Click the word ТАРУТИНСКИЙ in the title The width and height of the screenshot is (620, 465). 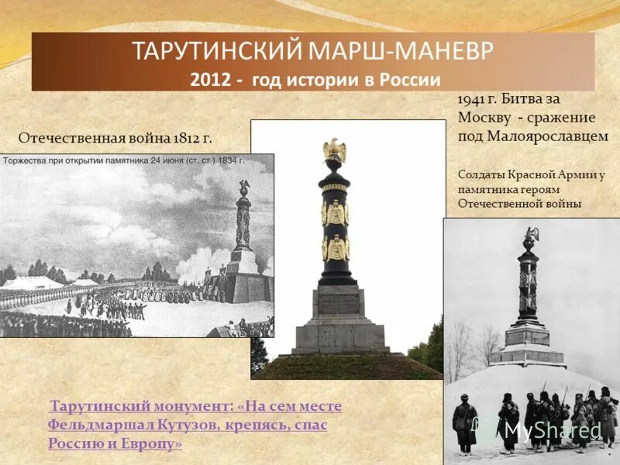tap(218, 52)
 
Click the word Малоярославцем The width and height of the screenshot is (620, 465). tap(548, 136)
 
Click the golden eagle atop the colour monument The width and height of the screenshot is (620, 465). tap(335, 150)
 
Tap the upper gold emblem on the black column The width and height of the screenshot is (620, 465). tap(336, 212)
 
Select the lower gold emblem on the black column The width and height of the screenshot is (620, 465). tap(336, 249)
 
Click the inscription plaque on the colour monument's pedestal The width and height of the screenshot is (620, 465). tap(339, 301)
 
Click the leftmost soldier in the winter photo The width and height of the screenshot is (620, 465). tap(465, 422)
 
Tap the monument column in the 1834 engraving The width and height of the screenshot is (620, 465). tap(243, 221)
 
